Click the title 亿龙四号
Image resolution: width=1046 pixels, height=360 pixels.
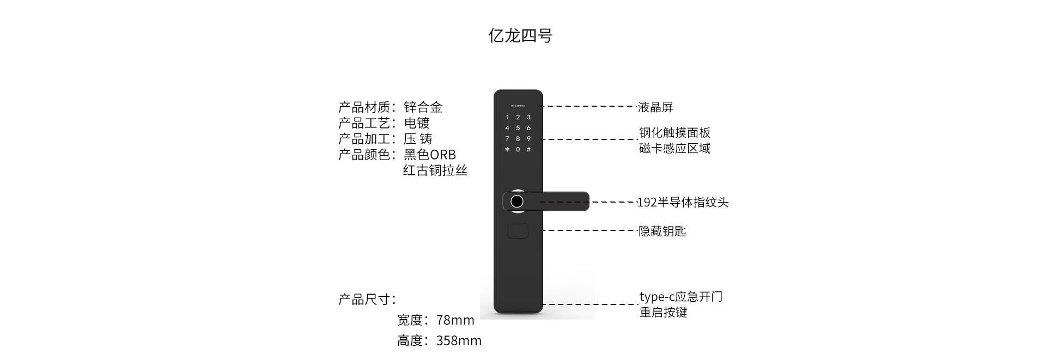click(520, 36)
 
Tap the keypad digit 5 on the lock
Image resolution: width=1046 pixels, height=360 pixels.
click(518, 128)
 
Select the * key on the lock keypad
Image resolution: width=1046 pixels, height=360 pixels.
click(507, 150)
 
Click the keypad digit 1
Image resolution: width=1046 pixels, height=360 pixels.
click(507, 117)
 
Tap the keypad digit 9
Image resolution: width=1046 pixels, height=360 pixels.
click(528, 139)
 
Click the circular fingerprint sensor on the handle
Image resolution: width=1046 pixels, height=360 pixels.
click(516, 202)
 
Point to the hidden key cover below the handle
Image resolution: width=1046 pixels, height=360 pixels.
click(518, 231)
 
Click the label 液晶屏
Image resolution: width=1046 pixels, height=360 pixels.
click(655, 107)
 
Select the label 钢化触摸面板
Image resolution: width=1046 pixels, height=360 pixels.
click(674, 133)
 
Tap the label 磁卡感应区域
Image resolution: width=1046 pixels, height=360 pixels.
click(674, 149)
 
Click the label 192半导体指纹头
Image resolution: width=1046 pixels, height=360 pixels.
click(683, 203)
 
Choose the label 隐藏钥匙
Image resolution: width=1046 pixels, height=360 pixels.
click(662, 231)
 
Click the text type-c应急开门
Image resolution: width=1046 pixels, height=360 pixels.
click(680, 297)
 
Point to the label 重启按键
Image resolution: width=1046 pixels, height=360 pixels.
click(663, 313)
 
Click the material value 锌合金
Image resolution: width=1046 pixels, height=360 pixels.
click(423, 107)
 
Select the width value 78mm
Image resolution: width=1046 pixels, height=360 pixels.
click(455, 320)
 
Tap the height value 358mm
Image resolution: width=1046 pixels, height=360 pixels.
click(459, 341)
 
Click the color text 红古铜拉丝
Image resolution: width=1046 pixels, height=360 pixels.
click(435, 170)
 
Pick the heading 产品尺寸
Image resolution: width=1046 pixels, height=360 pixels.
click(367, 300)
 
